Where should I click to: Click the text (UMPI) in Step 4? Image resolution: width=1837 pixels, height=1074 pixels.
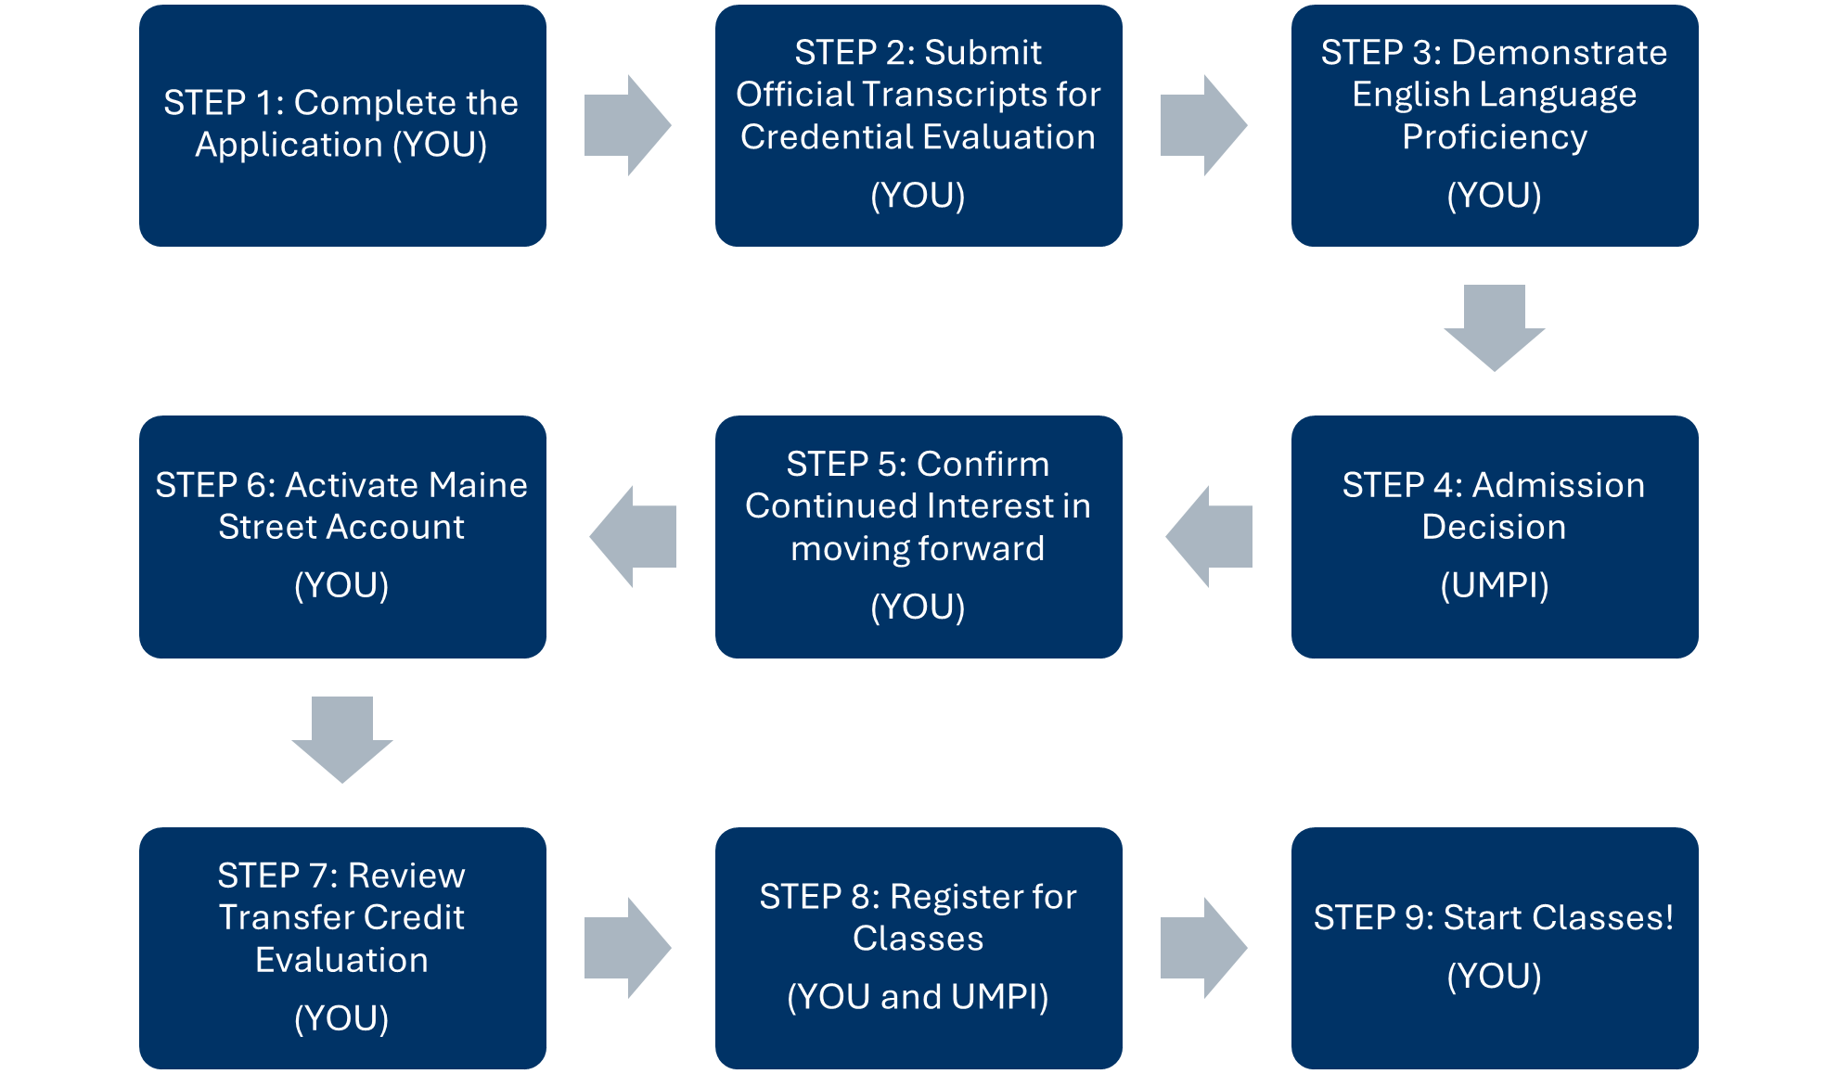[1494, 585]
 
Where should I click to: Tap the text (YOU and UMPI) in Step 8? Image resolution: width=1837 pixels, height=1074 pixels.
[918, 997]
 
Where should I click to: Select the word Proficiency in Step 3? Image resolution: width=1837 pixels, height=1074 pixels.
[1494, 137]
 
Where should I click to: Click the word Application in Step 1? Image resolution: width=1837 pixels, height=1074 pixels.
[289, 145]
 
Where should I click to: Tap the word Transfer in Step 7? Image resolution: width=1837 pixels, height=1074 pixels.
[279, 917]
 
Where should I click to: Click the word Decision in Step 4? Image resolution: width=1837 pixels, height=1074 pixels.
[1494, 527]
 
